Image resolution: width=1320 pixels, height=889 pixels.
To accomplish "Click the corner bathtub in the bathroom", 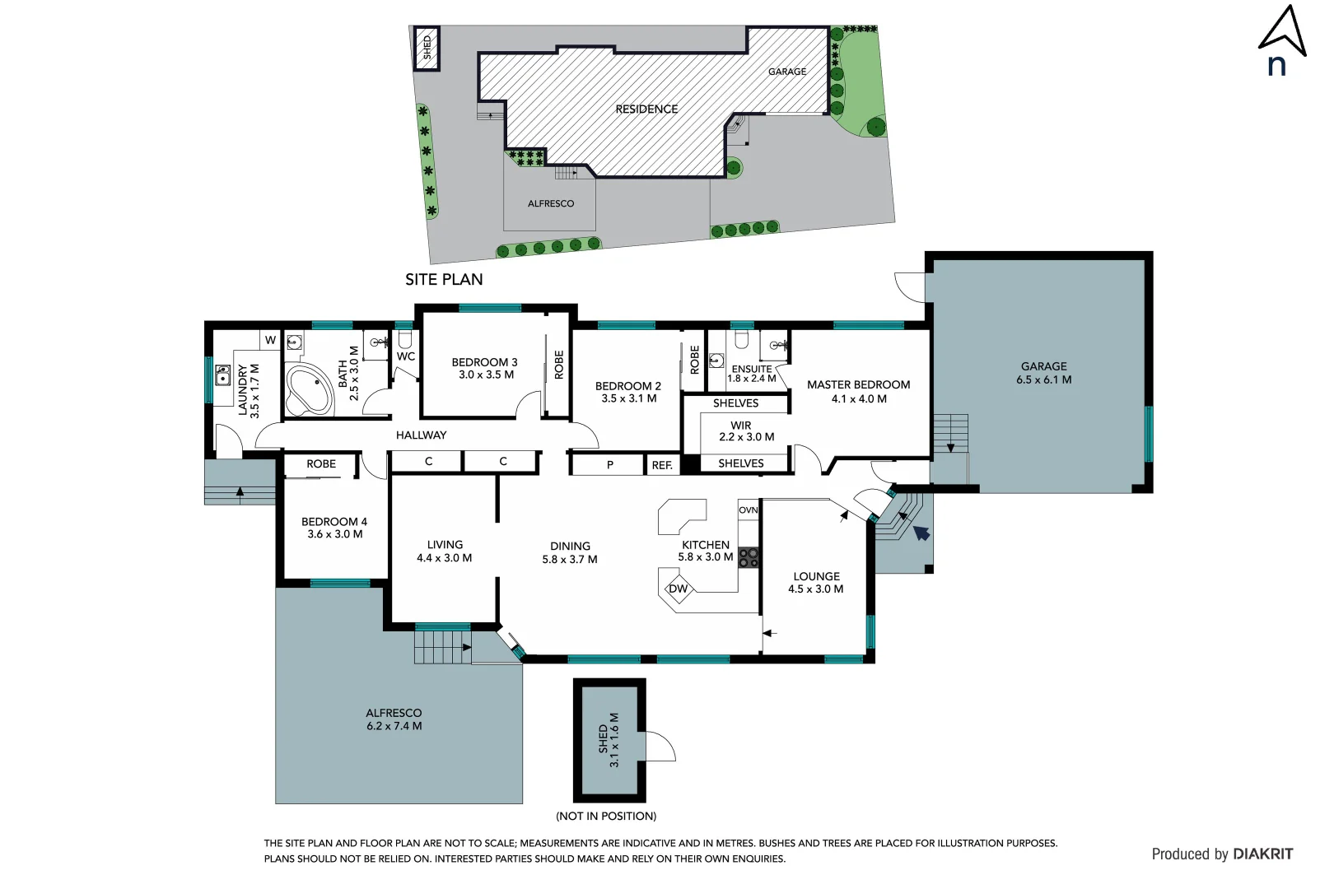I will click(x=309, y=391).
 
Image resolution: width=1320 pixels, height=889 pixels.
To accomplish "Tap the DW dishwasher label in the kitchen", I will click(x=678, y=589).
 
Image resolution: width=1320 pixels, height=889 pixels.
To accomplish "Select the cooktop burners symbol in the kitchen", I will click(x=748, y=558).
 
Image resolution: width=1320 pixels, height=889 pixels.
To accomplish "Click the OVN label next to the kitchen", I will click(x=748, y=510).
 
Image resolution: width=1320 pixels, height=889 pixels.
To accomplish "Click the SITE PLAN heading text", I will click(x=444, y=280).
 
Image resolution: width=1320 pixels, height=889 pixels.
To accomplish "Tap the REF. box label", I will click(x=662, y=465).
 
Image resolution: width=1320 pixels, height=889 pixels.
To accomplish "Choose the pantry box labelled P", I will click(x=609, y=465).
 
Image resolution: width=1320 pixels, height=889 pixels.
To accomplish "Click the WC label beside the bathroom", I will click(x=405, y=356).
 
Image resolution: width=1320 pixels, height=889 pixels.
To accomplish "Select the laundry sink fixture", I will click(x=222, y=376).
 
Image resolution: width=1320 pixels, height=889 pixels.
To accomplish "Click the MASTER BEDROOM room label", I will click(x=858, y=384).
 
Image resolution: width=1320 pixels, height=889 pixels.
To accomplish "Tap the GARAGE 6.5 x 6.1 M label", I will click(x=1043, y=373).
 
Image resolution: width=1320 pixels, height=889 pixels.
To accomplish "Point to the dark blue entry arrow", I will click(x=921, y=533).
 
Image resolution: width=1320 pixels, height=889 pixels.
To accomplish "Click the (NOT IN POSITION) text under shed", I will click(x=606, y=817).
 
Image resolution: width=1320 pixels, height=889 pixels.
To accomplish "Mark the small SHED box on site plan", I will click(x=426, y=48).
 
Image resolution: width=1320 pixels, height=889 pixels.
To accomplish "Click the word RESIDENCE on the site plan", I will click(x=646, y=109).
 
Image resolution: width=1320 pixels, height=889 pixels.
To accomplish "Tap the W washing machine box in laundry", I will click(x=270, y=340).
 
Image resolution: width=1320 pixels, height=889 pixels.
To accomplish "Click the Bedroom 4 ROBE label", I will click(x=321, y=464).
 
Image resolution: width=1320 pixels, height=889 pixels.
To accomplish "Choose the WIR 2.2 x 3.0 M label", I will click(x=745, y=431).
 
